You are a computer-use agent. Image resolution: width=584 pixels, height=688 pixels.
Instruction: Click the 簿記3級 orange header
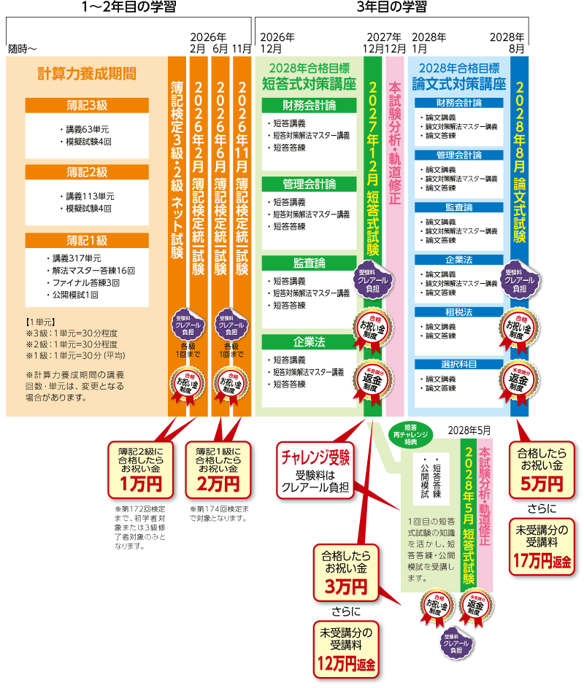[x=87, y=105]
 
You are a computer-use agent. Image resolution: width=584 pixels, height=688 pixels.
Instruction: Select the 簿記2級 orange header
[x=87, y=172]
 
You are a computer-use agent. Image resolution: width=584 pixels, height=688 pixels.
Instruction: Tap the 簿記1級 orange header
[x=87, y=239]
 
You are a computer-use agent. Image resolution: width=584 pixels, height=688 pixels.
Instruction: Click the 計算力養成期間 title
[x=87, y=74]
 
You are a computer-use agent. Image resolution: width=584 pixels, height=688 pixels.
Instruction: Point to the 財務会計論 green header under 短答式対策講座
[x=310, y=106]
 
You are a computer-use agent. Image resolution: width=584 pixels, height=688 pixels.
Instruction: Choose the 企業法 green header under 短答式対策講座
[x=310, y=341]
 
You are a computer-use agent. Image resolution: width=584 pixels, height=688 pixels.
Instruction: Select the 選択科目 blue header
[x=459, y=363]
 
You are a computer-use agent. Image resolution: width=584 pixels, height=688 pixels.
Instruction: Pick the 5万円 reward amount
[x=540, y=484]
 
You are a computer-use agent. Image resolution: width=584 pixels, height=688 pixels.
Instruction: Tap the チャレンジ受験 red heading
[x=316, y=457]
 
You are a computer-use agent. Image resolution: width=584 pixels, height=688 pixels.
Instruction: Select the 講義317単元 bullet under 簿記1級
[x=76, y=258]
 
